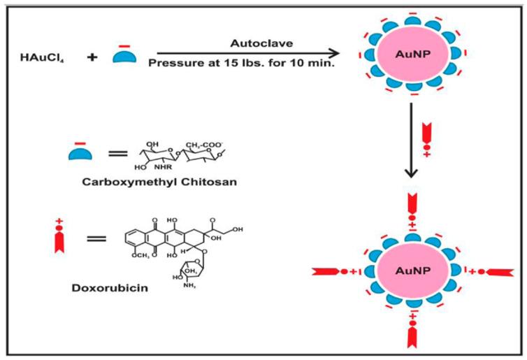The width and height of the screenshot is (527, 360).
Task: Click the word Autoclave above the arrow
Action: point(233,42)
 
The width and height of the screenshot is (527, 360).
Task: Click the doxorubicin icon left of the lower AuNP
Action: point(334,271)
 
